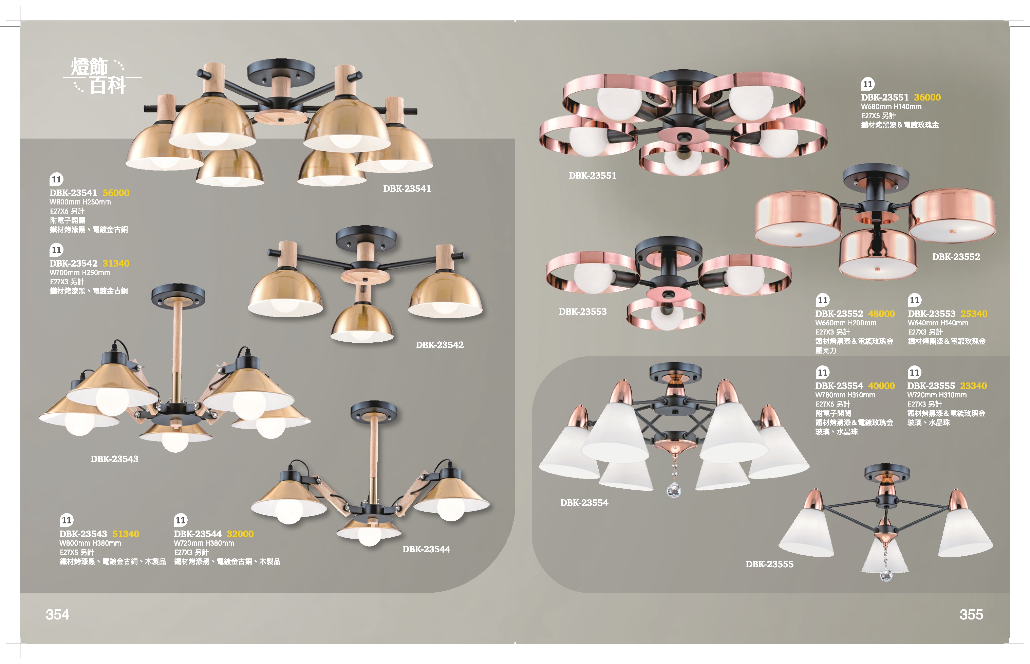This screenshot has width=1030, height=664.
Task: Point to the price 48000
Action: pyautogui.click(x=881, y=314)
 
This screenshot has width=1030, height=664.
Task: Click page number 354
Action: pyautogui.click(x=57, y=614)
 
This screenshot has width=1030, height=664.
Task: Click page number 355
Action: pyautogui.click(x=971, y=614)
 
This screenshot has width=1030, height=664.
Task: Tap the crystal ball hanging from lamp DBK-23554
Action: pyautogui.click(x=674, y=490)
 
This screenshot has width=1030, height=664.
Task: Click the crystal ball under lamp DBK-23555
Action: pyautogui.click(x=886, y=575)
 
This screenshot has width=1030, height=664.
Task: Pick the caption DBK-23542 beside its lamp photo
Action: pyautogui.click(x=439, y=345)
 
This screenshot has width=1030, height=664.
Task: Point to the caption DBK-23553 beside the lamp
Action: pyautogui.click(x=582, y=312)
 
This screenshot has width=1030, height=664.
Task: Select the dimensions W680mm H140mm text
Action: pyautogui.click(x=891, y=107)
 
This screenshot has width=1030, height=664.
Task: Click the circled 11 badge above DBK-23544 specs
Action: pyautogui.click(x=181, y=520)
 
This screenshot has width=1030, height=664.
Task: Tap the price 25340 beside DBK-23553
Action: pyautogui.click(x=974, y=314)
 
